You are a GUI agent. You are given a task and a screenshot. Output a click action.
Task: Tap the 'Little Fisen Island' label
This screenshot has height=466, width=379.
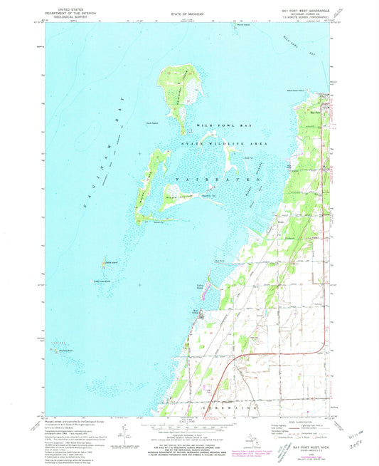(x=105, y=281)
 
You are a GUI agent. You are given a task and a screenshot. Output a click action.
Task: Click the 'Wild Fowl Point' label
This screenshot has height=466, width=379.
(x=296, y=90)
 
